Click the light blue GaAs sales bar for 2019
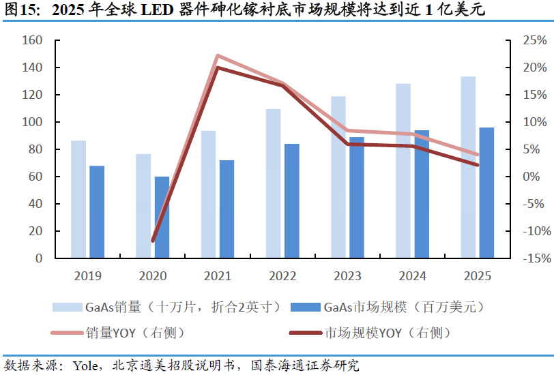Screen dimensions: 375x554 tap(78, 199)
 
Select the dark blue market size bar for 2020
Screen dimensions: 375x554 tap(162, 217)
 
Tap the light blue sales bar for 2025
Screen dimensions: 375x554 tap(468, 167)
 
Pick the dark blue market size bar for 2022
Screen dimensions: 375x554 tap(291, 200)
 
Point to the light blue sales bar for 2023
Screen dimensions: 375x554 tap(338, 177)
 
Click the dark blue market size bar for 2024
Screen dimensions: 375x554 tap(422, 194)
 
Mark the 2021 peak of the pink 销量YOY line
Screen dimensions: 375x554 tap(217, 56)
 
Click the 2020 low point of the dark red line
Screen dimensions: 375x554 tap(153, 241)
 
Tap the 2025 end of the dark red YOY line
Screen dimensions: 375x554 tap(477, 165)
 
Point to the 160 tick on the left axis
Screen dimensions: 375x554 tap(33, 41)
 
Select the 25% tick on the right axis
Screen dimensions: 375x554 tap(528, 41)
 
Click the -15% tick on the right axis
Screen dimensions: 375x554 tap(527, 258)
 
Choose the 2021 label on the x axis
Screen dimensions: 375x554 tap(217, 276)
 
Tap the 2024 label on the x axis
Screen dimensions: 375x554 tap(411, 276)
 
